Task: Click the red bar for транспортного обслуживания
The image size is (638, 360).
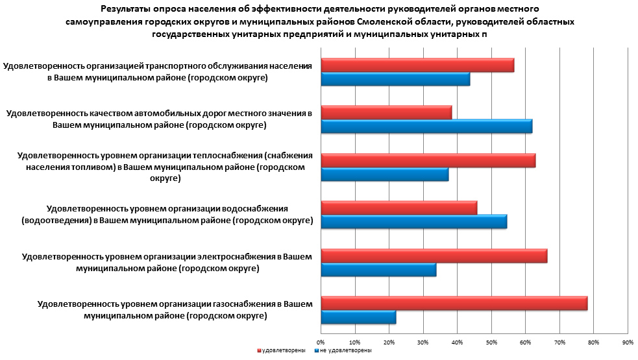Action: pos(417,65)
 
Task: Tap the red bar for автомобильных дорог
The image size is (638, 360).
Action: pos(386,112)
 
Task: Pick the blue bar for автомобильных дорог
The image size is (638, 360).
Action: pos(426,126)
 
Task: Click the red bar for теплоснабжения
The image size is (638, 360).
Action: pos(428,160)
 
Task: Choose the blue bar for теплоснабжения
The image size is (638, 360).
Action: pos(385,174)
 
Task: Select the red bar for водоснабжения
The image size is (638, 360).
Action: pos(399,208)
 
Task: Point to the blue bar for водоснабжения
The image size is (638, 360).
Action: pos(414,222)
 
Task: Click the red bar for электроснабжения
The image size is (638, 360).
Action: pos(434,255)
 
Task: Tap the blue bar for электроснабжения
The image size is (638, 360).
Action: pos(378,269)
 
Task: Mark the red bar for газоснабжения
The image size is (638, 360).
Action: pos(454,303)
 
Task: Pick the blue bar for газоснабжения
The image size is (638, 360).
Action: pos(358,317)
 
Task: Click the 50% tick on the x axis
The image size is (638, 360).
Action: pos(491,341)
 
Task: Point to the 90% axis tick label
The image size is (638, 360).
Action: pos(628,341)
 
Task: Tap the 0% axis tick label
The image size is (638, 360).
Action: pos(321,341)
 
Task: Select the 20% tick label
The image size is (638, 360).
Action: pos(389,341)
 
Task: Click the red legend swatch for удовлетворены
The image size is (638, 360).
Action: pos(259,350)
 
